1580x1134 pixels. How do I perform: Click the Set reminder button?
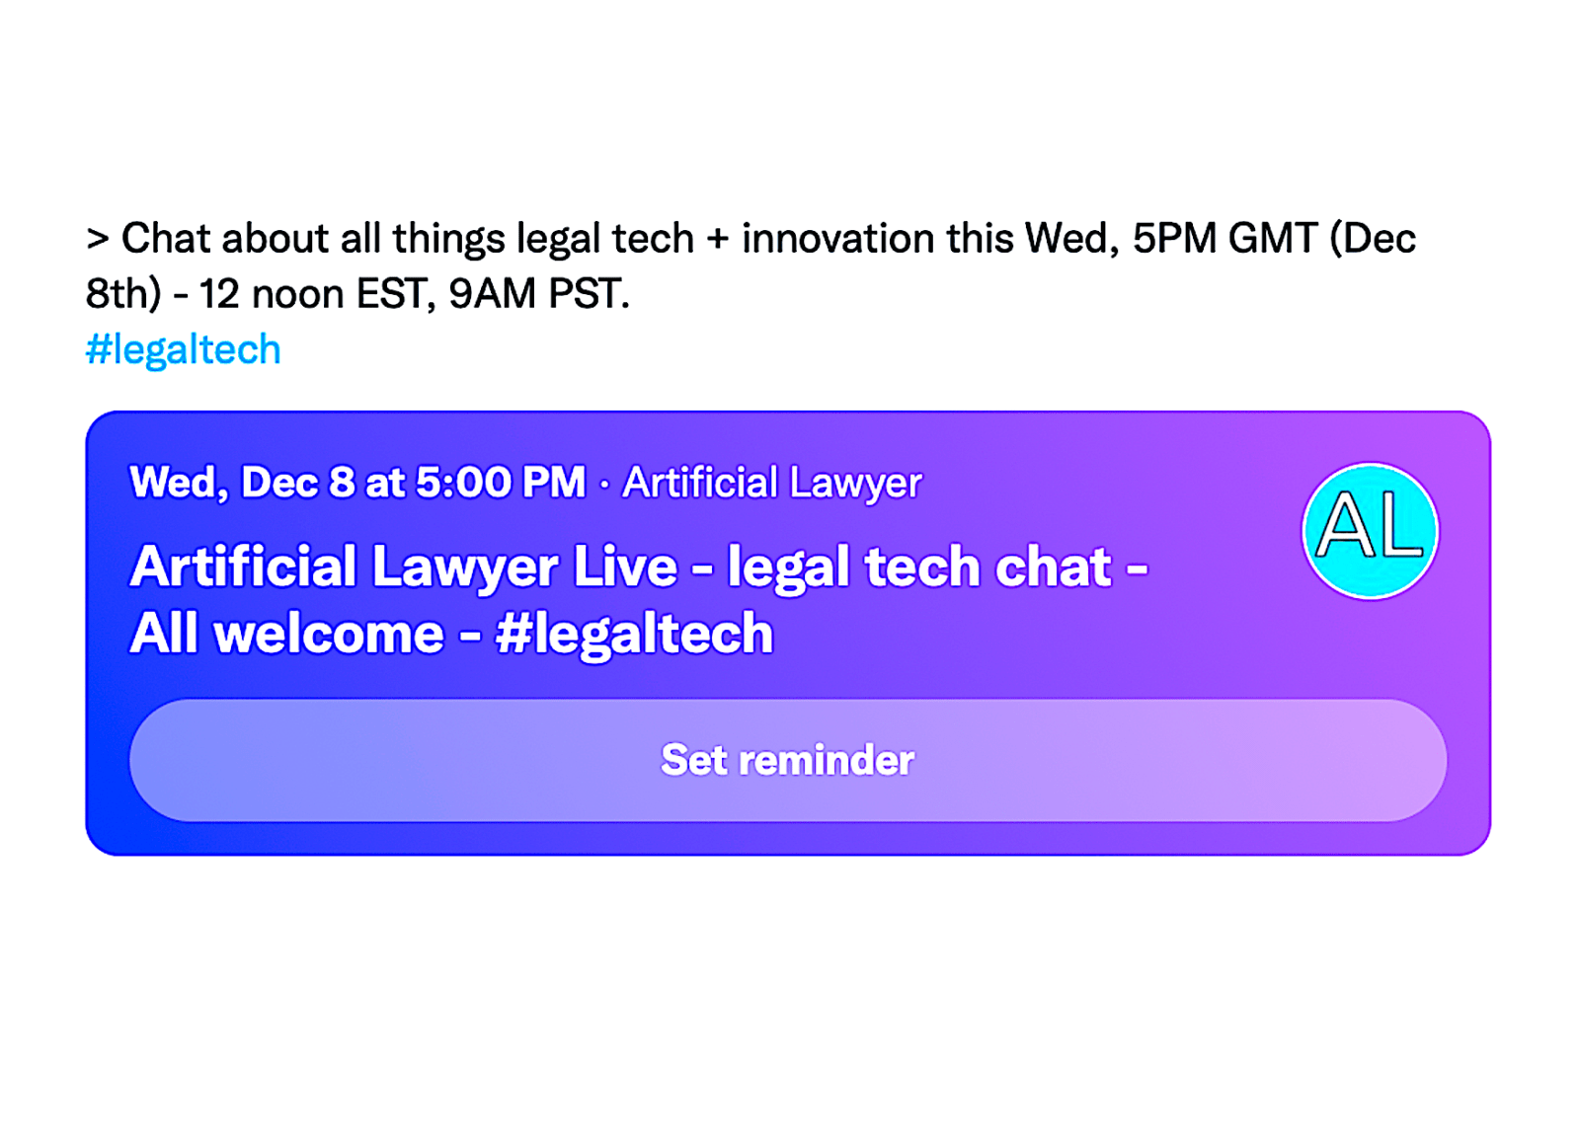[x=788, y=761]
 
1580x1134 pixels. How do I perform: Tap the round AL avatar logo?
[x=1370, y=531]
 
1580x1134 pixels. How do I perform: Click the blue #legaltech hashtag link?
[x=184, y=349]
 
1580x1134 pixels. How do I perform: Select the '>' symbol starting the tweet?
[x=98, y=239]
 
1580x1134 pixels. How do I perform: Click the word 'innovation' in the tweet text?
[x=838, y=238]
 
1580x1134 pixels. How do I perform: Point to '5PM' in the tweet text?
[x=1174, y=238]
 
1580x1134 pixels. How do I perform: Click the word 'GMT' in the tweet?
[x=1273, y=238]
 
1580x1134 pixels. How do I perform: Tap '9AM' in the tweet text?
[x=493, y=293]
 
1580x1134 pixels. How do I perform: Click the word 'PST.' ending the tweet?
[x=589, y=293]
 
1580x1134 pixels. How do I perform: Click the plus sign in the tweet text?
[x=718, y=239]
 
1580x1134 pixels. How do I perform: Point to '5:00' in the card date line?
[x=463, y=483]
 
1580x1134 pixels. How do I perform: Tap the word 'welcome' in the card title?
[x=330, y=634]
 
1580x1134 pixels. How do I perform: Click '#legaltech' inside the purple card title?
[x=634, y=635]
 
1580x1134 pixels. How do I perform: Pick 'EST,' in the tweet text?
[x=396, y=294]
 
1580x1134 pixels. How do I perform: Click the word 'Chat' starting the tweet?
[x=166, y=238]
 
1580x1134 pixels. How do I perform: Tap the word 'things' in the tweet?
[x=448, y=240]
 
